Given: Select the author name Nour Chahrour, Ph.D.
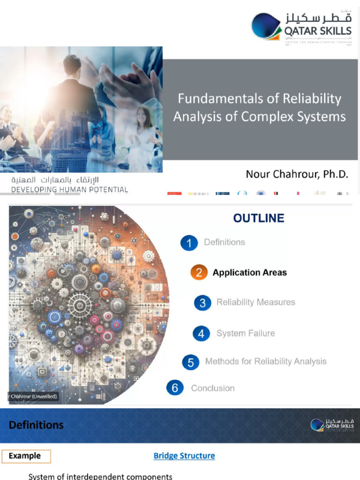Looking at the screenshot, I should click(x=297, y=174).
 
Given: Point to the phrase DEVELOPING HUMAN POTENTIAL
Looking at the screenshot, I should click(x=69, y=190).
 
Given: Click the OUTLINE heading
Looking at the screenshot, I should click(x=259, y=218).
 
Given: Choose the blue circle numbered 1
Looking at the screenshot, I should click(x=189, y=243).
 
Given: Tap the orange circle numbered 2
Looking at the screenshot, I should click(x=199, y=272).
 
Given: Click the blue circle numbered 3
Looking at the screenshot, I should click(x=202, y=302).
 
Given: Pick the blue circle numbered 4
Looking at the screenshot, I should click(x=201, y=333).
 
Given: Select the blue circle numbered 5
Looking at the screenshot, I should click(x=191, y=362).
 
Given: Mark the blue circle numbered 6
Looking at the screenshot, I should click(x=175, y=388).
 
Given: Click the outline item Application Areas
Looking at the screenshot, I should click(x=249, y=272).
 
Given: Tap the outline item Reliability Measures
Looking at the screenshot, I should click(x=255, y=302).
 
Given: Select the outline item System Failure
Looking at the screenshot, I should click(x=245, y=333).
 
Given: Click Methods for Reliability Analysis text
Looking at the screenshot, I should click(x=266, y=361).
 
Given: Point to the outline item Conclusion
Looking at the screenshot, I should click(x=212, y=388).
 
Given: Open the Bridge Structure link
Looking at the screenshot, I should click(x=184, y=456).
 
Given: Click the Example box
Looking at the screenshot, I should click(x=26, y=456).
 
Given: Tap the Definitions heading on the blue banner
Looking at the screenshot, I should click(x=36, y=425).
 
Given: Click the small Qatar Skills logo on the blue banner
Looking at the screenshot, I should click(x=332, y=425).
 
